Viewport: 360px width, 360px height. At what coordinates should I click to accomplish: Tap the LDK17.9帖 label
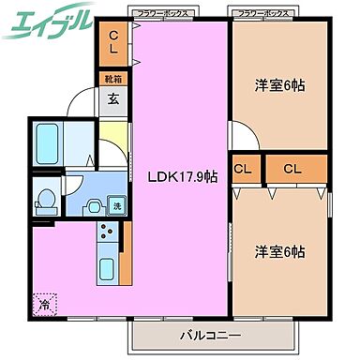(182, 175)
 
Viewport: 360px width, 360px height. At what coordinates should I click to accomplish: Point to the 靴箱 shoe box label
(112, 81)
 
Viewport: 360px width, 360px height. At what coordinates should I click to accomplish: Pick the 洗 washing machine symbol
(117, 205)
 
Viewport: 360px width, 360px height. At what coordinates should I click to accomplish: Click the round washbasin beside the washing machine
(95, 205)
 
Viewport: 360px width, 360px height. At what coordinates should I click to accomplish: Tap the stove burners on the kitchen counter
(106, 233)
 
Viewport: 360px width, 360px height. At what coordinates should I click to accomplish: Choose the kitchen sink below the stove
(106, 269)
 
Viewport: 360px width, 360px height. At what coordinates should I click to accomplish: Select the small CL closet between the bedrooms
(244, 170)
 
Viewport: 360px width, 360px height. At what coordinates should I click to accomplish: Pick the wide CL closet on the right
(293, 170)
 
